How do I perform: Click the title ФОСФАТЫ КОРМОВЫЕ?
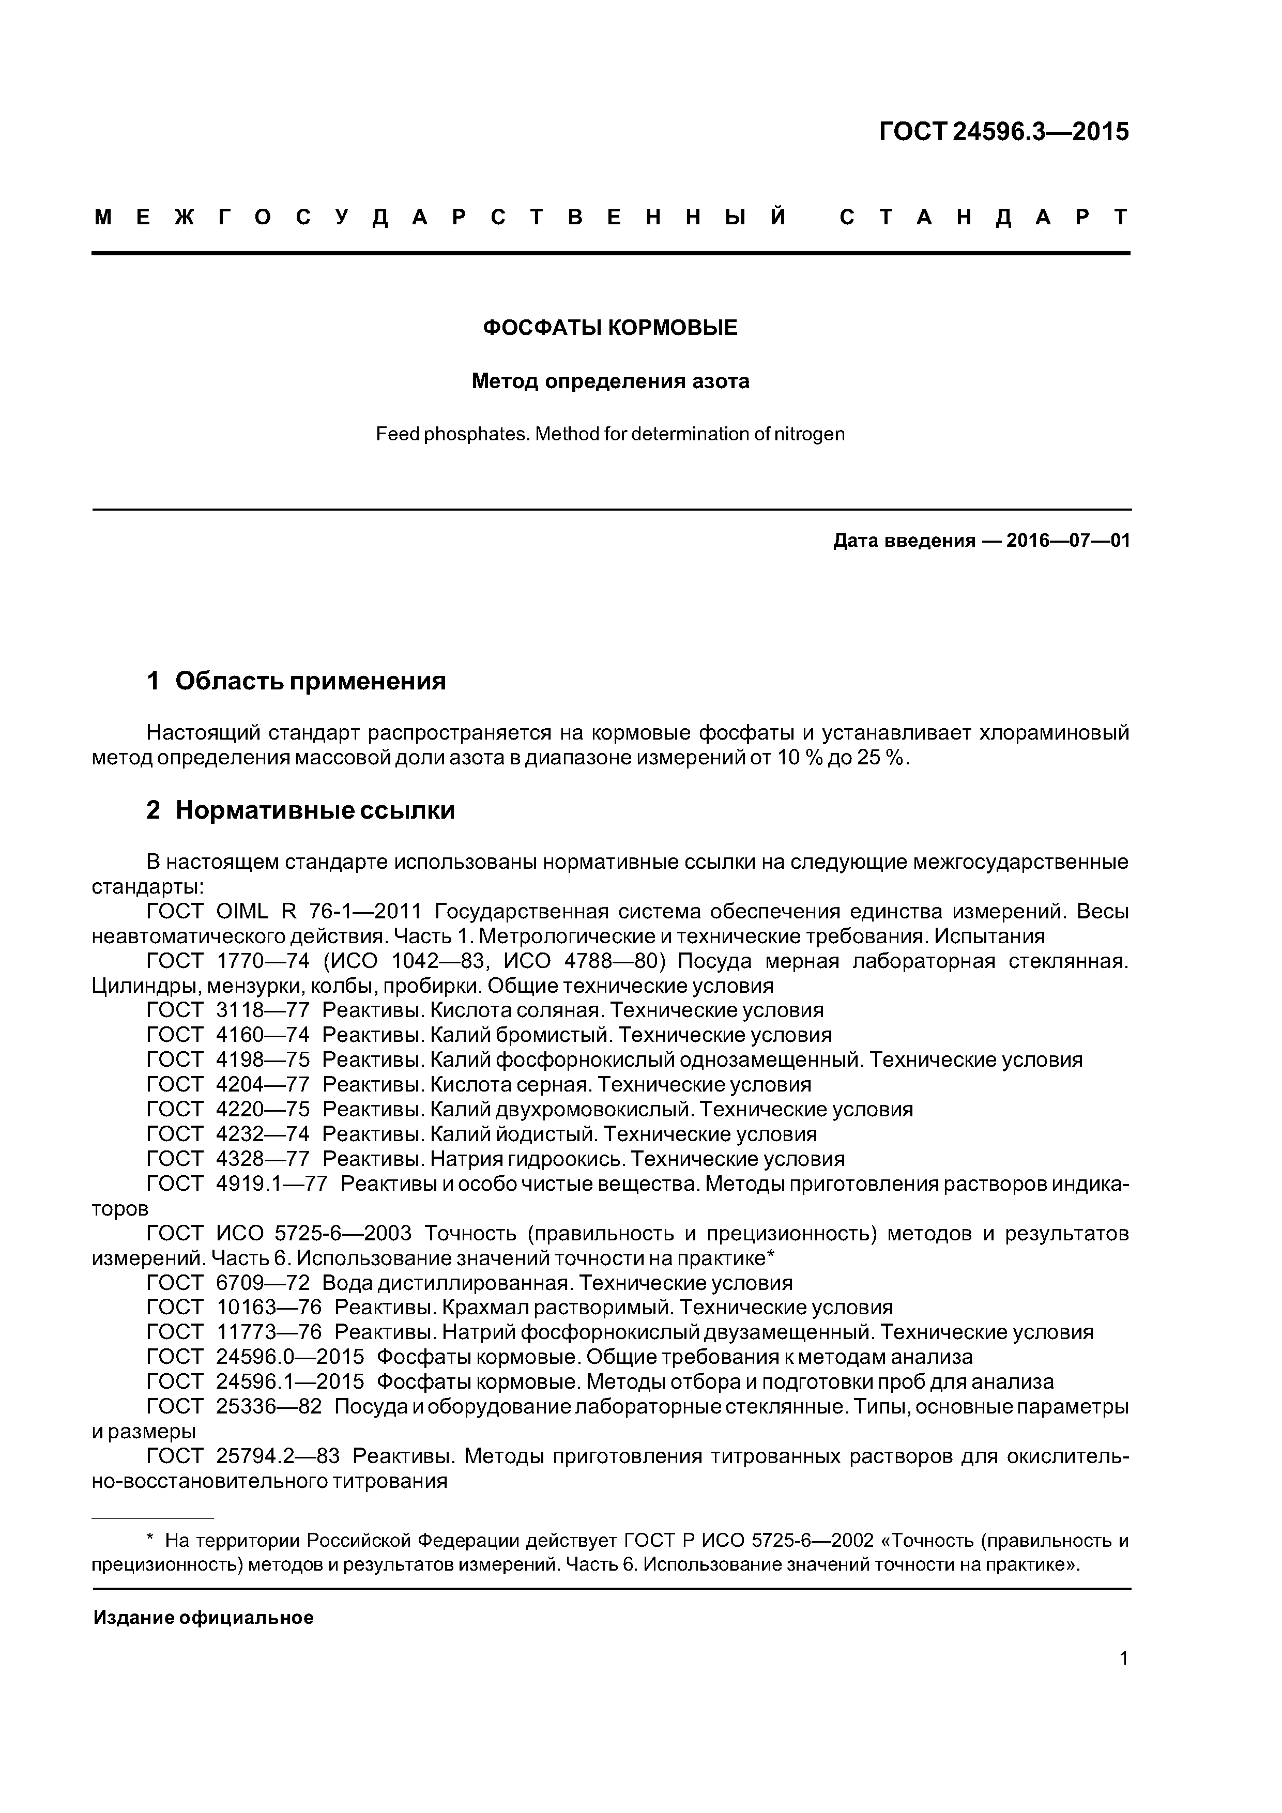tap(610, 328)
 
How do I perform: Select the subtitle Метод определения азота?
tap(610, 381)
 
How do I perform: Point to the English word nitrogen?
tap(811, 434)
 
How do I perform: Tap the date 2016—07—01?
tap(1069, 541)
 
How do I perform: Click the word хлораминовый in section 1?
tap(1054, 733)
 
